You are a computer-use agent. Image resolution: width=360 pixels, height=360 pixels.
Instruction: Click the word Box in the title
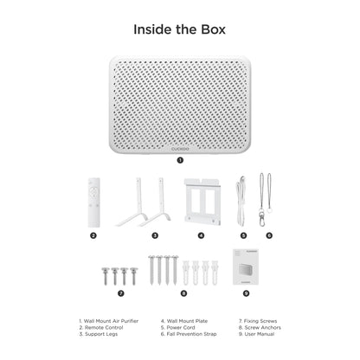[x=213, y=29]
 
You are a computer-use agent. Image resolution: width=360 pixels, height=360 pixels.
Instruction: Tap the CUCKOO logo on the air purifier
[x=180, y=149]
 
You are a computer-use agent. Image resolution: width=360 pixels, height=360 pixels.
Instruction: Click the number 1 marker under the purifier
[x=180, y=160]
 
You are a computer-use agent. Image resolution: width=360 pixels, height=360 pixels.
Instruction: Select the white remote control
[x=94, y=202]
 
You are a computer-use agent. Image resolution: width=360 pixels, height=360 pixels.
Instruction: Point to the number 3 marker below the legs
[x=155, y=235]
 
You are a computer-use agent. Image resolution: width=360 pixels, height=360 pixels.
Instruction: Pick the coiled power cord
[x=241, y=202]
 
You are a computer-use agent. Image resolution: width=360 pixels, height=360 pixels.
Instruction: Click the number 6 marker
[x=269, y=235]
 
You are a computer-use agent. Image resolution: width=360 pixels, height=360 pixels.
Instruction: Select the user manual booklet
[x=246, y=267]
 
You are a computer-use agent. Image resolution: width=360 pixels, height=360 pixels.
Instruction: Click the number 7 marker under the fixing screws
[x=121, y=293]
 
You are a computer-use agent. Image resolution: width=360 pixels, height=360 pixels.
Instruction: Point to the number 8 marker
[x=183, y=293]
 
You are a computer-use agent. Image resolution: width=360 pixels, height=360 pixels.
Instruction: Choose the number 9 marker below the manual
[x=246, y=293]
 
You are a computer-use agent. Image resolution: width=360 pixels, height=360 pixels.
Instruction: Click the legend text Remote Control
[x=104, y=328]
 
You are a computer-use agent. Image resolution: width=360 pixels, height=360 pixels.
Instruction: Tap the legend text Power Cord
[x=181, y=328]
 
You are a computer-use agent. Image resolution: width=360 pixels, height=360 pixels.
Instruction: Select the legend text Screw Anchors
[x=263, y=328]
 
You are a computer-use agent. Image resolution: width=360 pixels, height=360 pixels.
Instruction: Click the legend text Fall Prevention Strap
[x=191, y=334]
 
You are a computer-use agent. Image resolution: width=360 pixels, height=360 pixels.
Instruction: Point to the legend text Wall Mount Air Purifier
[x=111, y=321]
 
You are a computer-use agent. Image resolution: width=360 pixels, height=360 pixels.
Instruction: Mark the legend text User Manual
[x=260, y=334]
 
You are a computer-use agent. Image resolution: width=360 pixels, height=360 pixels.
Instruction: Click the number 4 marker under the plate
[x=201, y=235]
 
